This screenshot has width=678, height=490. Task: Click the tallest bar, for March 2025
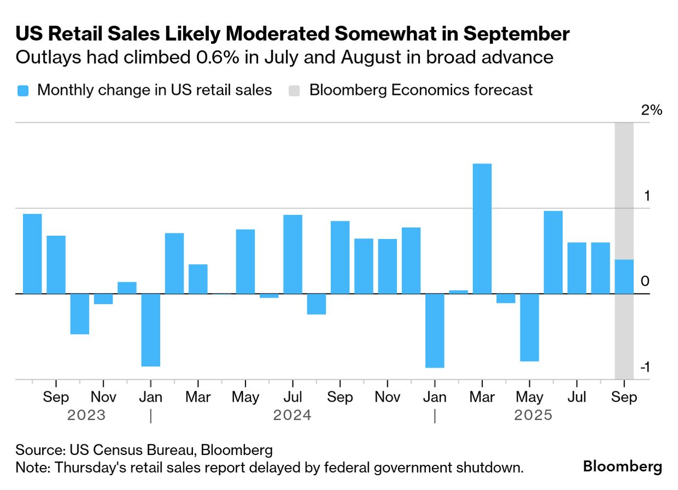coord(482,229)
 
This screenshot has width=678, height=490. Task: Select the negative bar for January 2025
coord(435,331)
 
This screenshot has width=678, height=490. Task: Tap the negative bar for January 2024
coord(151,330)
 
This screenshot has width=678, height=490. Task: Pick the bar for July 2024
coord(293,254)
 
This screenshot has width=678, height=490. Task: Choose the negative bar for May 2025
coord(529,327)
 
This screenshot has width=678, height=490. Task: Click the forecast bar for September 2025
coord(624,277)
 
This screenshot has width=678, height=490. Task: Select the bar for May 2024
coord(246,261)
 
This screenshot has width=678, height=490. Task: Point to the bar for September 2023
coord(56,265)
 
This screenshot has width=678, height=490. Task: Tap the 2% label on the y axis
coord(652,110)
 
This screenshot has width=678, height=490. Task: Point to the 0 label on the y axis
coord(645,282)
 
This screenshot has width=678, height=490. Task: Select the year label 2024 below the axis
coord(292,415)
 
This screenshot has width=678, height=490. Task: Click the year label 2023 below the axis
coord(86,415)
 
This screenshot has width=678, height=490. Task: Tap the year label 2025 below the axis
coord(533,415)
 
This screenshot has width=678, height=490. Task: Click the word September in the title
coord(517,34)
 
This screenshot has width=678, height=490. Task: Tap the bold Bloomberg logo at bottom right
coord(622,467)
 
